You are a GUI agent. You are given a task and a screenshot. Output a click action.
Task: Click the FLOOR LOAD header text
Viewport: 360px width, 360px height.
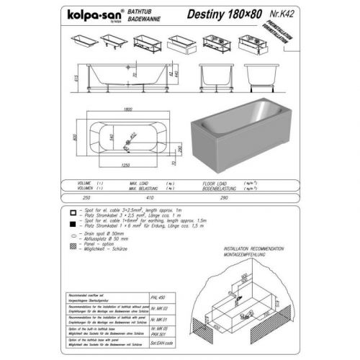[x=217, y=183]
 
